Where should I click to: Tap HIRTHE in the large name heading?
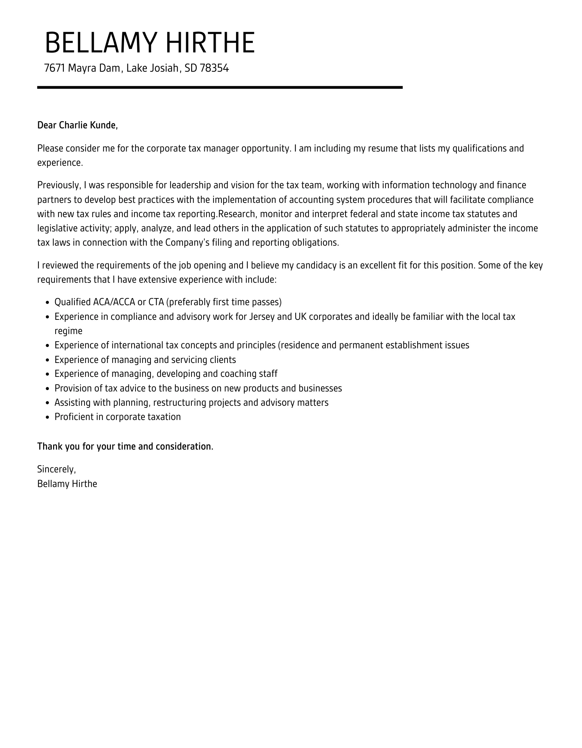click(210, 43)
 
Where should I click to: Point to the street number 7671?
click(55, 68)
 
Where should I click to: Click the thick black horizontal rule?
click(220, 87)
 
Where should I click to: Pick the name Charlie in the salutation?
click(73, 125)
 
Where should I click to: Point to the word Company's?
click(187, 243)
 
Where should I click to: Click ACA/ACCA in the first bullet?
click(114, 302)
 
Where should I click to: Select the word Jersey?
click(262, 317)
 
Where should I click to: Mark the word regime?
click(68, 331)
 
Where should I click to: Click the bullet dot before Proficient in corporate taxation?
click(48, 417)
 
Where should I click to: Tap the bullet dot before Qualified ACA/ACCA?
click(48, 303)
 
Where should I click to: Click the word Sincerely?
click(56, 470)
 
